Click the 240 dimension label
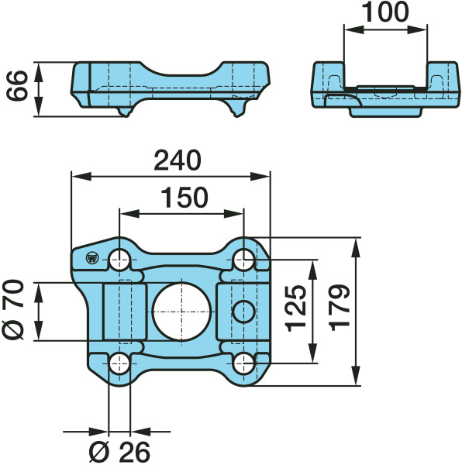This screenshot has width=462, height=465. tap(178, 160)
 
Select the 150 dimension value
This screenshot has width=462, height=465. tap(184, 197)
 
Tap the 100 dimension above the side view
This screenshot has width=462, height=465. tap(385, 12)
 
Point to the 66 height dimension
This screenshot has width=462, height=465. tap(16, 86)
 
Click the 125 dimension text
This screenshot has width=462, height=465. tap(295, 308)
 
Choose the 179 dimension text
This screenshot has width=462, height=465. tap(340, 308)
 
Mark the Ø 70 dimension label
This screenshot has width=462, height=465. tap(13, 309)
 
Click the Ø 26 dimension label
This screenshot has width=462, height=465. tap(119, 453)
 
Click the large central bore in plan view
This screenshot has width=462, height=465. tap(181, 312)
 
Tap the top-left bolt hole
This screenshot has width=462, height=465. tap(119, 260)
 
